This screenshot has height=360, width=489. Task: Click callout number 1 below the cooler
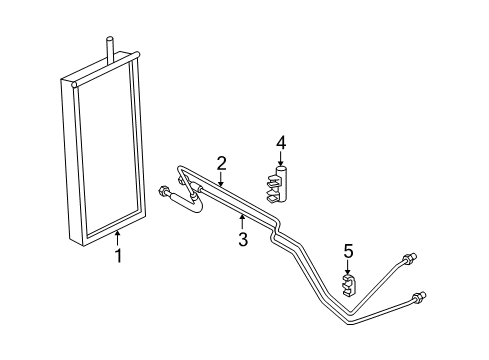pos(118,255)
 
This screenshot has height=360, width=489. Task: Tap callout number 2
pos(222,162)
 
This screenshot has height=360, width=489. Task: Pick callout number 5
pos(348,251)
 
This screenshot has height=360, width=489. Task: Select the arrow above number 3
pos(241,219)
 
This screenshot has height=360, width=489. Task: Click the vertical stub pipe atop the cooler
pos(107,48)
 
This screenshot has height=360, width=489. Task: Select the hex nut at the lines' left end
pos(164,189)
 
